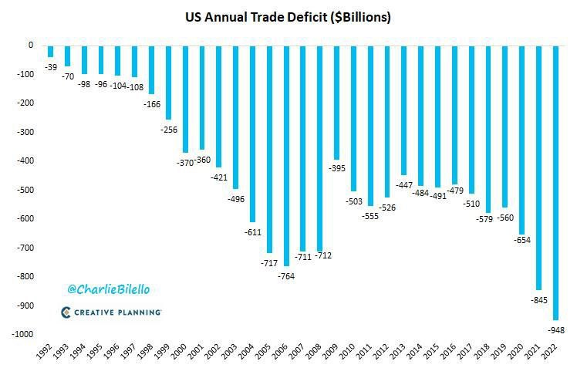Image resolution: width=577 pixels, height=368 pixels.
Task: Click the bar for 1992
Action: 50,50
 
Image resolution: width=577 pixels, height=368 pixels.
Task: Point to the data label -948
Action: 557,330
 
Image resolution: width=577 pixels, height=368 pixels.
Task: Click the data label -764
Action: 286,275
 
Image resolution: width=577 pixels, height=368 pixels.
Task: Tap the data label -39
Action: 50,67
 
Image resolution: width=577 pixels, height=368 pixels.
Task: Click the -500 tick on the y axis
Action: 23,190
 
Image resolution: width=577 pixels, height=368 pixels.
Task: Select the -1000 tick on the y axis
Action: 21,334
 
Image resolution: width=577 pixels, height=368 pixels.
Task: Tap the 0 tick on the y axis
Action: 30,45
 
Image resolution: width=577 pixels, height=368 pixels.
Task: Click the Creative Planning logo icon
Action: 67,312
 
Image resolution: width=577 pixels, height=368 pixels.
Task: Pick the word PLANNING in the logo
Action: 138,312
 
